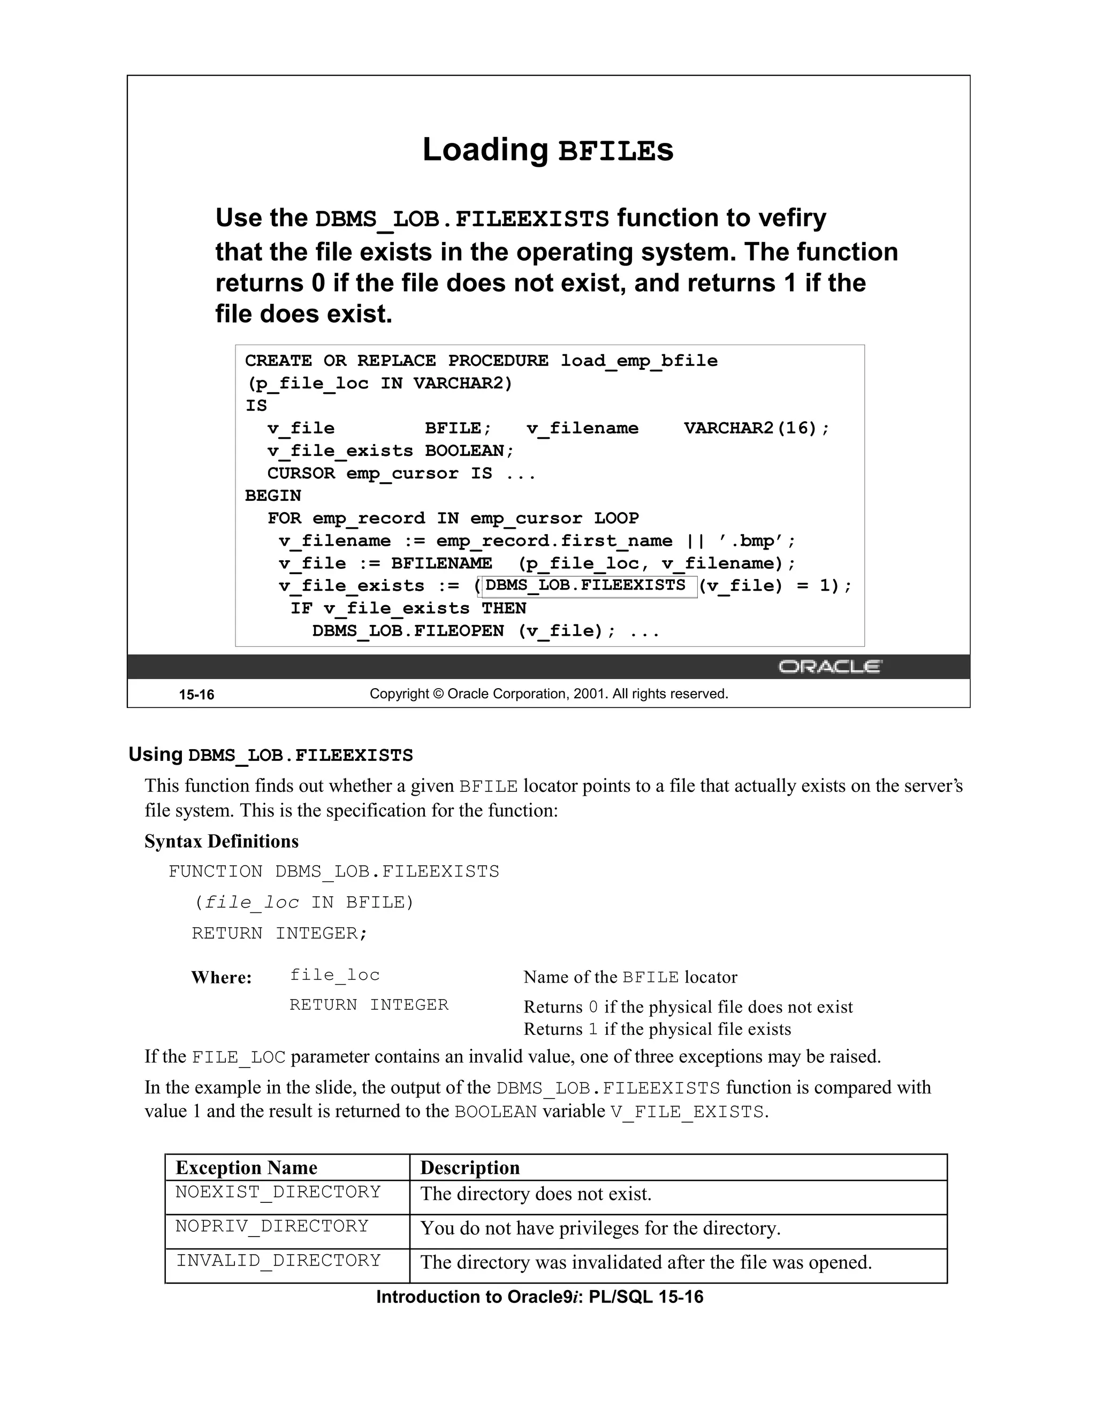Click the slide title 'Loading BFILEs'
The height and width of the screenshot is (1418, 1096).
coord(547,150)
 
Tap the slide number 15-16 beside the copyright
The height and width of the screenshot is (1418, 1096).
coord(196,695)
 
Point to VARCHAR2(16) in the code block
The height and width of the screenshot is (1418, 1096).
coord(756,429)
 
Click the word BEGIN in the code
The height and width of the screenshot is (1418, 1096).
coord(273,496)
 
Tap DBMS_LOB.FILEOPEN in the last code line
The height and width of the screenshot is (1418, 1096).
coord(408,631)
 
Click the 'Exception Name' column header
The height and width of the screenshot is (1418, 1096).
coord(246,1168)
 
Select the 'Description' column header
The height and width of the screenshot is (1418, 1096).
coord(470,1168)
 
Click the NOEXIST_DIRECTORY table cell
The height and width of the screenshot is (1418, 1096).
coord(278,1192)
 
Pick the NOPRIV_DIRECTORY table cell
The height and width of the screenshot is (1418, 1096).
coord(271,1226)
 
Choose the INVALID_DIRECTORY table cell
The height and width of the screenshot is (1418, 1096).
coord(278,1260)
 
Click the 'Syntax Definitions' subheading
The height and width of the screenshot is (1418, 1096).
coord(222,842)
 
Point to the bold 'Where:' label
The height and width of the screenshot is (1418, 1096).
coord(221,978)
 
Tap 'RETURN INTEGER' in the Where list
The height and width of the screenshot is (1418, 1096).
coord(369,1005)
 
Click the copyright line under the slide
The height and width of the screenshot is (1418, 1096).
coord(549,694)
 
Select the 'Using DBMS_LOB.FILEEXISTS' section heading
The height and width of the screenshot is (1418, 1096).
coord(271,755)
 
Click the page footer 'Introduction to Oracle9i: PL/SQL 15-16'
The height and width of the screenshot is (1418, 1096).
coord(539,1297)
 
